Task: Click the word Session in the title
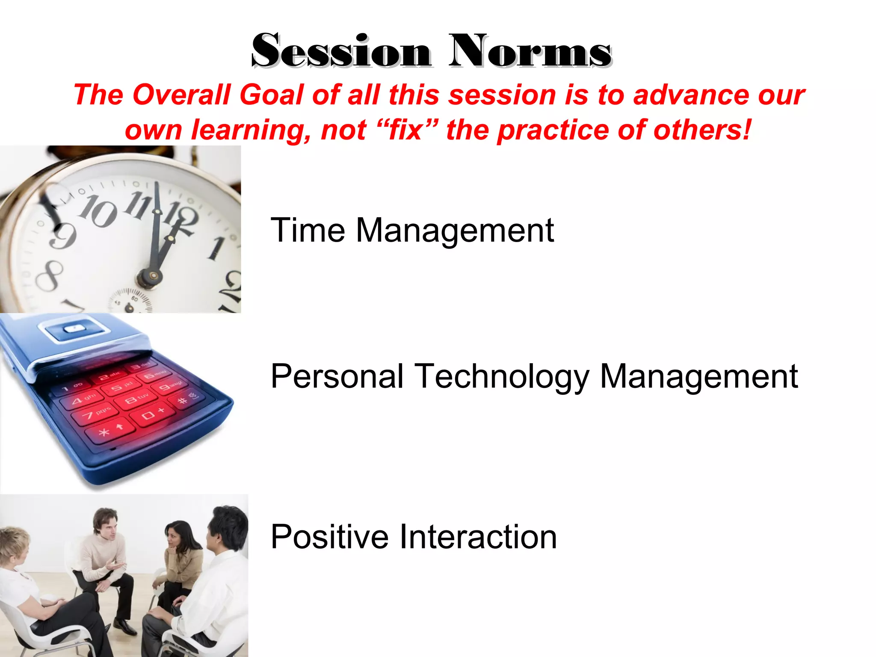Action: pyautogui.click(x=341, y=52)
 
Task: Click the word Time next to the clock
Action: pyautogui.click(x=308, y=231)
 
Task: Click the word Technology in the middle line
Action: pyautogui.click(x=502, y=377)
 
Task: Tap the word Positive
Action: pyautogui.click(x=329, y=537)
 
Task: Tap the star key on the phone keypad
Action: pyautogui.click(x=104, y=432)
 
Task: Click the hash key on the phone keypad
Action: pyautogui.click(x=182, y=401)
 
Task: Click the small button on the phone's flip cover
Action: pyautogui.click(x=74, y=329)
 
